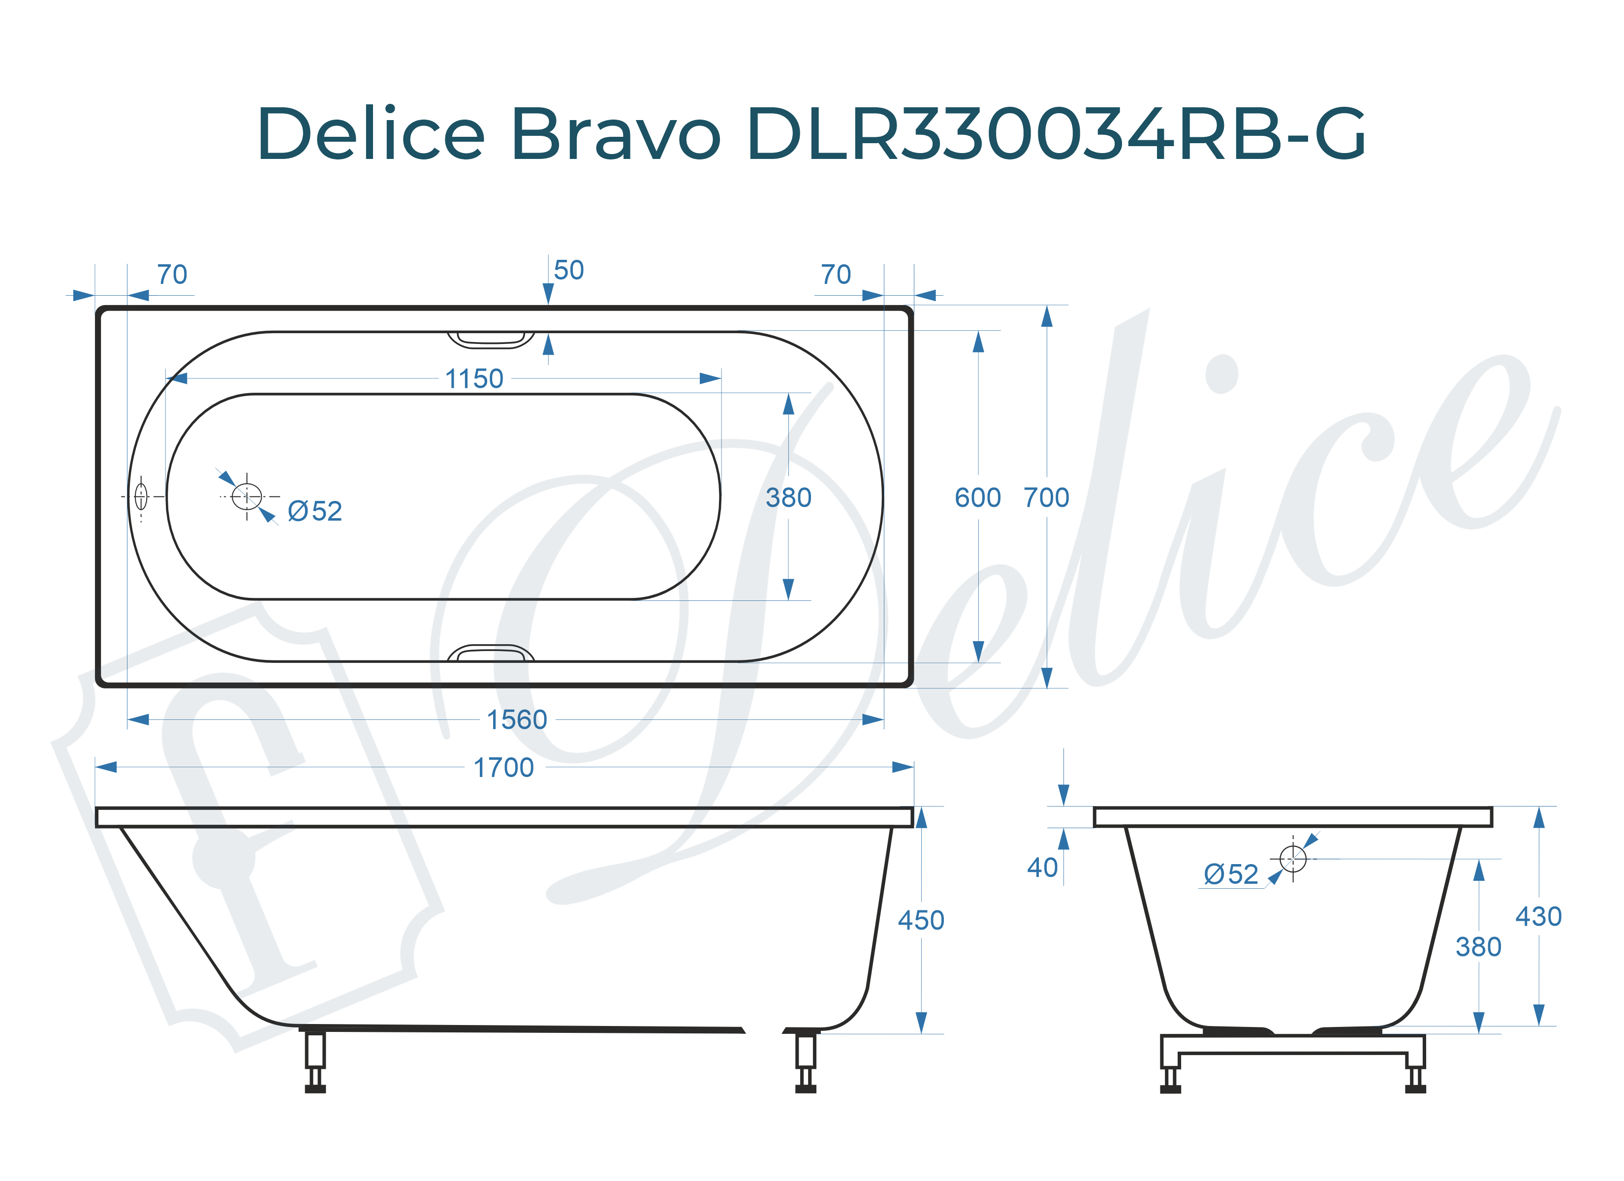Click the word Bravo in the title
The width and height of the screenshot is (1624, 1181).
(x=615, y=134)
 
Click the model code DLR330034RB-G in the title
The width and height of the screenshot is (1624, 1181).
(x=1056, y=134)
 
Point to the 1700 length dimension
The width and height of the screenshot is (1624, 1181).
(x=503, y=768)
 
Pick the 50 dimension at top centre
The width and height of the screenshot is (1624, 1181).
(x=568, y=271)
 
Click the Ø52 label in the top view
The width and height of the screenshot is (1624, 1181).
(x=315, y=511)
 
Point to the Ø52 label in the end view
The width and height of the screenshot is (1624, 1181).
(x=1231, y=874)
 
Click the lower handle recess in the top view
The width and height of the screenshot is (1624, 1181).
(x=491, y=653)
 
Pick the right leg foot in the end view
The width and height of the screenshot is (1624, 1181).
(x=1416, y=1088)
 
